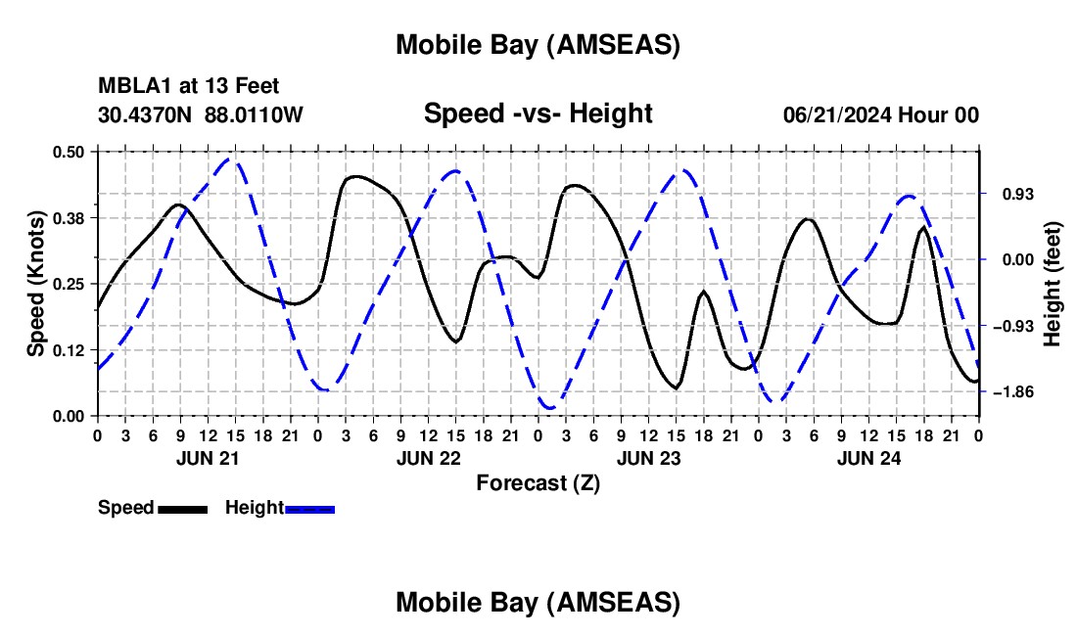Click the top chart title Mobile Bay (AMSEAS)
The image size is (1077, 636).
point(538,45)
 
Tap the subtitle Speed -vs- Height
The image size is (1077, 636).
point(538,114)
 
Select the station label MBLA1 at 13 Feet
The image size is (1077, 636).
point(189,86)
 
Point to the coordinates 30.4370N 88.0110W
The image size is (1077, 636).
point(201,114)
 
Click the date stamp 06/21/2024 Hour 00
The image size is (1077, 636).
point(880,114)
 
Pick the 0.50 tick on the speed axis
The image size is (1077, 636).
point(70,152)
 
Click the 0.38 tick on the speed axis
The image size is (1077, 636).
point(70,217)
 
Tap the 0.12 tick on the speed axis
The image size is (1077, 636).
point(70,350)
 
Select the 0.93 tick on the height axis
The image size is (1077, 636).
point(1007,194)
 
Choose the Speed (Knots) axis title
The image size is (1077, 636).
point(36,284)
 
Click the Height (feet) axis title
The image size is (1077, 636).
point(1053,284)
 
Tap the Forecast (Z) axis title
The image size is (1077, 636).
point(538,482)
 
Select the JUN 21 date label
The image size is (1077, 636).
point(207,458)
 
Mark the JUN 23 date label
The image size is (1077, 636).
point(647,458)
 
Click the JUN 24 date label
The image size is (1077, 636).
point(867,458)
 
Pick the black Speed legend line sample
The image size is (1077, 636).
point(182,509)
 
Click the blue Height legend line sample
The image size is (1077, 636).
point(310,509)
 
